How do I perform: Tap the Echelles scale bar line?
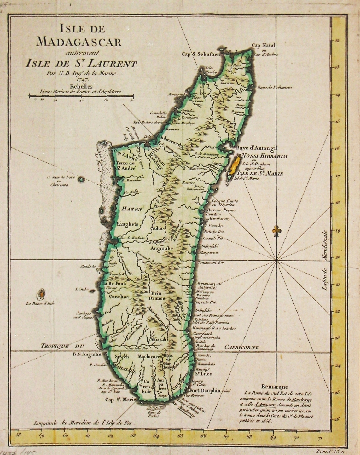(80, 95)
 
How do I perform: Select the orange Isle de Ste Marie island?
(234, 166)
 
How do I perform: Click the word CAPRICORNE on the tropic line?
(241, 347)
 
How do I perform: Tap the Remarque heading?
(274, 387)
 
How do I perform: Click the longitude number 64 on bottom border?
(156, 436)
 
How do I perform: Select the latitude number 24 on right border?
(337, 366)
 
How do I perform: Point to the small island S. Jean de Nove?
(81, 180)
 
